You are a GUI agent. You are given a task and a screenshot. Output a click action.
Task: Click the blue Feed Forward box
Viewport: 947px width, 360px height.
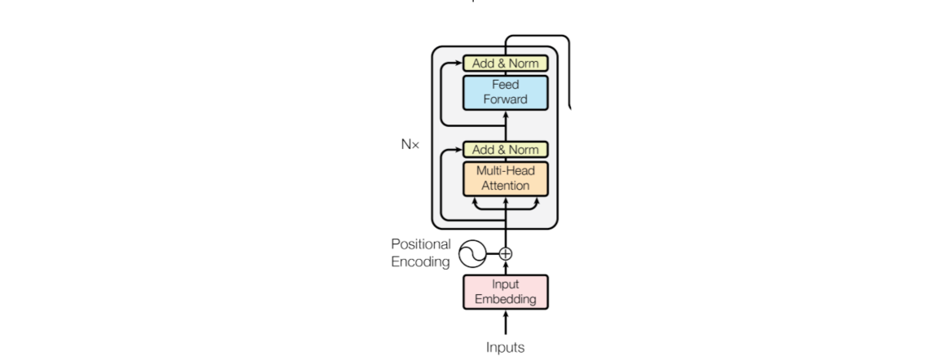506,92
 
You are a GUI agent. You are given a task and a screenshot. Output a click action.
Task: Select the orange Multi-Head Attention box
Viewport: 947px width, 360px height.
506,178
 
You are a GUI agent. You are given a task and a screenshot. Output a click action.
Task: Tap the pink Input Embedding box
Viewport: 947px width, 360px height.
506,292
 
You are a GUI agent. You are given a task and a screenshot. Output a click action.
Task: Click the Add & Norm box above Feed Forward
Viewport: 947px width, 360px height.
506,64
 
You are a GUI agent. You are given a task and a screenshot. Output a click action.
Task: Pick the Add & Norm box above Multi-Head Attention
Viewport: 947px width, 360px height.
506,149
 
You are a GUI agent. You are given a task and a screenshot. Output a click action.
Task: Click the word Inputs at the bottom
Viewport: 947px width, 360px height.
506,347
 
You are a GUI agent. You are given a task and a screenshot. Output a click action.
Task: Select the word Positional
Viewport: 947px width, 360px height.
420,244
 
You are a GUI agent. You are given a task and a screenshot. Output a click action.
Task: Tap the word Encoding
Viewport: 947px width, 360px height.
420,261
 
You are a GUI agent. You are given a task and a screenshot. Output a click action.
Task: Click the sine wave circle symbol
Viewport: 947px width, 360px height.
471,254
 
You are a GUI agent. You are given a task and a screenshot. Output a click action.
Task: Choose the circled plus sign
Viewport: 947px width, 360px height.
506,253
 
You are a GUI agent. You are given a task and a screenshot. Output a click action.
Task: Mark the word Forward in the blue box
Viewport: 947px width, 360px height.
506,100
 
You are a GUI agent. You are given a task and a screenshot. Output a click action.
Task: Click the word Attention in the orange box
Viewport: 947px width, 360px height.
506,186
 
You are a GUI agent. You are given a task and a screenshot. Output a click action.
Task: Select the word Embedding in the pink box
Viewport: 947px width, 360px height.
506,299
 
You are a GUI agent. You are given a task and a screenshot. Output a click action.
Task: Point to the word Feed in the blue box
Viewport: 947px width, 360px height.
506,85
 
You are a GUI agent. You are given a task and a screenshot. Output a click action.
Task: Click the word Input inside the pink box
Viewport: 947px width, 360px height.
506,284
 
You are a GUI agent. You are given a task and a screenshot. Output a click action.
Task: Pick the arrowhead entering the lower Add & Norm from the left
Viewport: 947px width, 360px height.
459,150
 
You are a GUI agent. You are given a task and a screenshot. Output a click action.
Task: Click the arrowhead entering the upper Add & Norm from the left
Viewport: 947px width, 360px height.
459,64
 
